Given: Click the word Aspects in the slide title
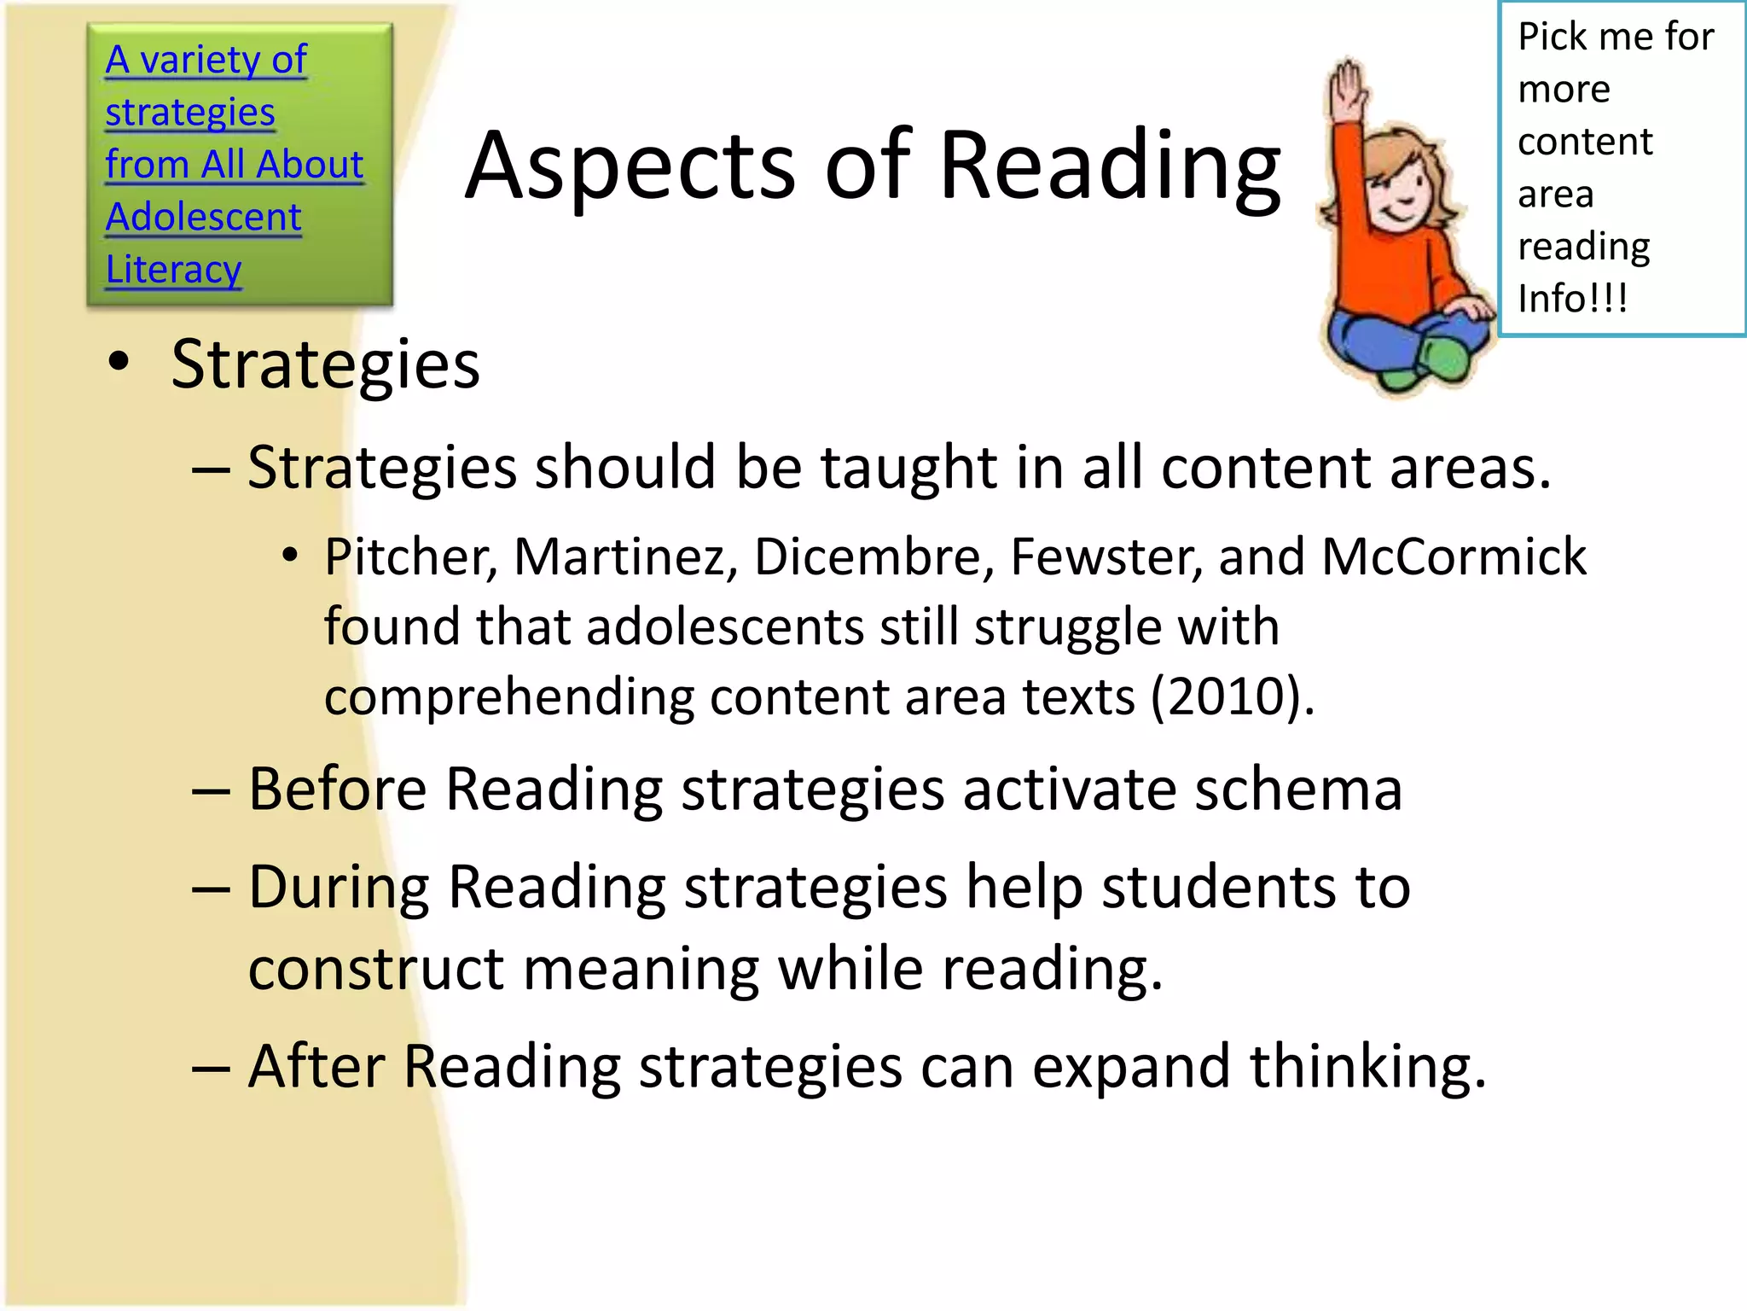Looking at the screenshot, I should click(x=632, y=166).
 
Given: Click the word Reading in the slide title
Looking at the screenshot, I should click(x=1109, y=166).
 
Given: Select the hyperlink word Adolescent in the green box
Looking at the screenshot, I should click(x=203, y=217).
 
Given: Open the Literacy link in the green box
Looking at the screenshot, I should click(x=173, y=270).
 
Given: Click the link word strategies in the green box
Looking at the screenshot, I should click(x=189, y=113).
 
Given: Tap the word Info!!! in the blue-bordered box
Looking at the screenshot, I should click(x=1572, y=299).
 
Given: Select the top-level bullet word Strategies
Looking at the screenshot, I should click(x=325, y=364).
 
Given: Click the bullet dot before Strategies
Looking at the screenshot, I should click(x=119, y=362).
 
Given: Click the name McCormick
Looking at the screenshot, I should click(x=1454, y=557).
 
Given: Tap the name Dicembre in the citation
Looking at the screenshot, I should click(x=873, y=557).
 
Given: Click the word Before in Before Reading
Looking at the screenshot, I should click(x=337, y=789).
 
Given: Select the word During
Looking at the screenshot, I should click(x=339, y=888).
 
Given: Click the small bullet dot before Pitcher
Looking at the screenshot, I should click(x=290, y=556).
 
